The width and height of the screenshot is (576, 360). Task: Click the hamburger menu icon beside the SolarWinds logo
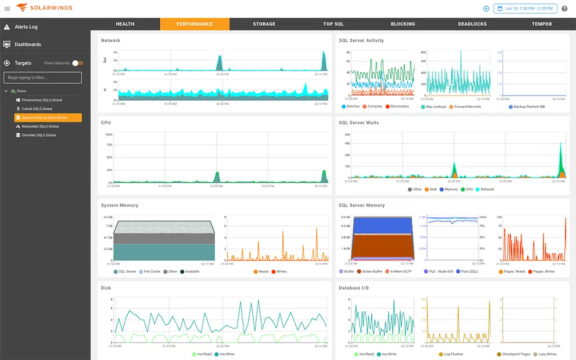[x=7, y=8]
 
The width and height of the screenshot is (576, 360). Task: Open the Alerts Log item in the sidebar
[x=26, y=27]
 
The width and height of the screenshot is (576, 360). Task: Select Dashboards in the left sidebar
[x=28, y=44]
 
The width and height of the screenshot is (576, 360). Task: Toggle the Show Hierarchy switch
[x=78, y=63]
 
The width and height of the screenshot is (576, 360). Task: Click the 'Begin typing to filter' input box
[x=43, y=78]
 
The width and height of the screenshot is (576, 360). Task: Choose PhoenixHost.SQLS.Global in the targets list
[x=42, y=100]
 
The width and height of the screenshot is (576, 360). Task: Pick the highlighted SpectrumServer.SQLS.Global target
[x=48, y=118]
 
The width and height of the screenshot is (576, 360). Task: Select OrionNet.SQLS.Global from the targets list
[x=39, y=135]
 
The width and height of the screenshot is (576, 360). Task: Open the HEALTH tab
[x=125, y=24]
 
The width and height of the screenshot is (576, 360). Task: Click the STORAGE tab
[x=264, y=24]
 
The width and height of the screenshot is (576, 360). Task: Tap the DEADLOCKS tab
[x=472, y=24]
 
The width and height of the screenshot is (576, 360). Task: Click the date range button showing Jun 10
[x=525, y=8]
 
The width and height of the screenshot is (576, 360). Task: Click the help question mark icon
[x=565, y=8]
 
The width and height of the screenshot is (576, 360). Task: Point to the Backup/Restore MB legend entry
[x=529, y=106]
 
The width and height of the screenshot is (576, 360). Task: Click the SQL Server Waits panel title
[x=358, y=123]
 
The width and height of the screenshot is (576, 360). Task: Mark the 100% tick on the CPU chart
[x=109, y=135]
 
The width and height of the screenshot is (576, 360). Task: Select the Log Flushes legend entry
[x=452, y=354]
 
